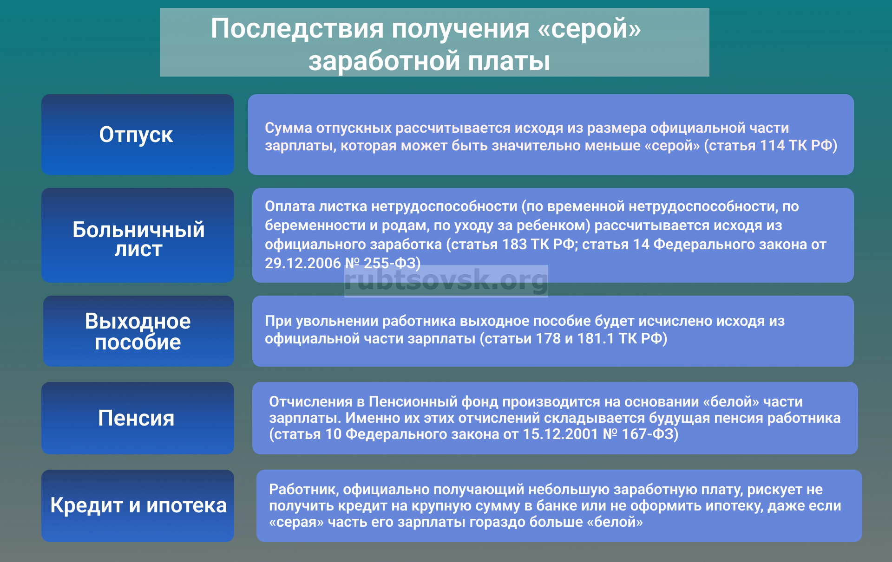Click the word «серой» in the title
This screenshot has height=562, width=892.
click(x=589, y=29)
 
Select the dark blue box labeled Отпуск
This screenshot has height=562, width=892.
click(x=138, y=135)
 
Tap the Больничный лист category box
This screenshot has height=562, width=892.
click(x=138, y=235)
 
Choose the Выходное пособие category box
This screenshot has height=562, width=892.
click(x=138, y=331)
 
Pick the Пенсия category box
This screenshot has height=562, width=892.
click(x=138, y=418)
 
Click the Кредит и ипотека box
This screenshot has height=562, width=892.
click(x=138, y=506)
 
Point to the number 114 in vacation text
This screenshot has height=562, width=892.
click(x=772, y=146)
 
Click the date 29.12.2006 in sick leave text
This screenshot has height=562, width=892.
click(x=303, y=263)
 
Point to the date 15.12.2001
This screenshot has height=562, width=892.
click(x=560, y=434)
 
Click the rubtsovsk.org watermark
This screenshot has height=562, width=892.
click(x=446, y=280)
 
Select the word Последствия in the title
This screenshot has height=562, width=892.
click(x=297, y=29)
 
